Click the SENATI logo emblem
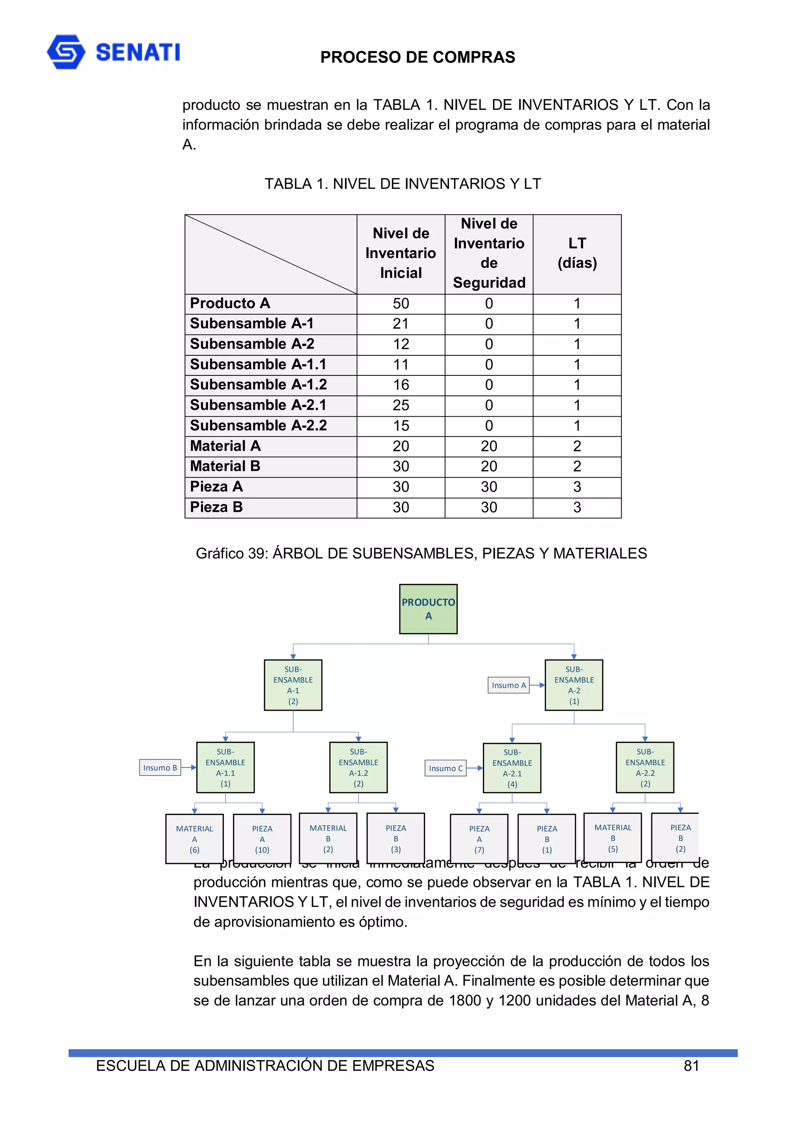click(x=66, y=52)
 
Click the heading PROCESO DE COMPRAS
click(x=417, y=57)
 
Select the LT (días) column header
click(x=577, y=253)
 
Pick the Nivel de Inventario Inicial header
click(x=400, y=253)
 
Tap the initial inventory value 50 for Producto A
click(x=400, y=303)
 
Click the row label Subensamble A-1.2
click(x=258, y=385)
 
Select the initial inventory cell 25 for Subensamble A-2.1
click(x=400, y=405)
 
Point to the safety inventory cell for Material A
click(x=489, y=446)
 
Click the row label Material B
click(x=225, y=466)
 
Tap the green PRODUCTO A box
click(x=428, y=609)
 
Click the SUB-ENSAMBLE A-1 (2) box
click(x=293, y=685)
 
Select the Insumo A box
click(x=508, y=685)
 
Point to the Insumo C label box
click(x=446, y=768)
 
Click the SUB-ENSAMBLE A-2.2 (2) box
click(x=645, y=768)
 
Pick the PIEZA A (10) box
click(x=262, y=839)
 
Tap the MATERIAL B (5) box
click(x=612, y=838)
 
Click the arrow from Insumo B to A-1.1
click(x=189, y=768)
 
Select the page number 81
click(x=691, y=1066)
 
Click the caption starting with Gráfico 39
click(x=421, y=553)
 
